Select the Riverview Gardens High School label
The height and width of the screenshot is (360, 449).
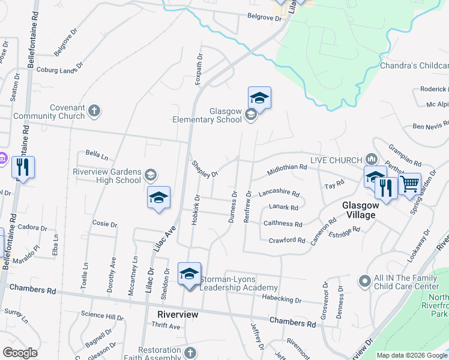(x=107, y=175)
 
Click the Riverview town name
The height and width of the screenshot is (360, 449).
(x=178, y=314)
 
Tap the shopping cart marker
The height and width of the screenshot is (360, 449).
(x=410, y=183)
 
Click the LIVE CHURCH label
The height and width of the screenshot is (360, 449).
(x=336, y=160)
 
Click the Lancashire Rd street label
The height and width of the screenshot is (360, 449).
(x=279, y=194)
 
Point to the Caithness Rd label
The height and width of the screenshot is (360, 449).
(x=283, y=224)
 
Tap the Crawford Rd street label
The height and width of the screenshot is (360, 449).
(x=288, y=240)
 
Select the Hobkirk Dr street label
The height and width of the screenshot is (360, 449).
(x=195, y=209)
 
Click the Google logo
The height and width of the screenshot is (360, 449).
(x=20, y=353)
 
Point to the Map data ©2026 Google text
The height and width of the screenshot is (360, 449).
(x=411, y=355)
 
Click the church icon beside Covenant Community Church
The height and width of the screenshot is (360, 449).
(x=94, y=110)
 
